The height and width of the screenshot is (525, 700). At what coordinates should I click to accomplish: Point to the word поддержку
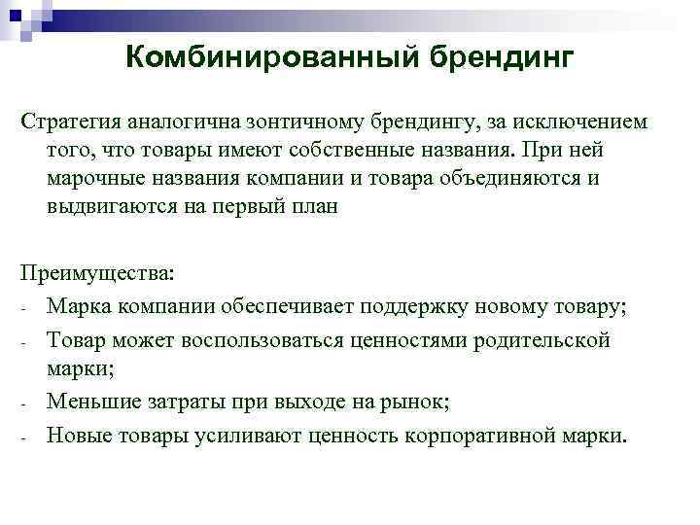coord(408,308)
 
